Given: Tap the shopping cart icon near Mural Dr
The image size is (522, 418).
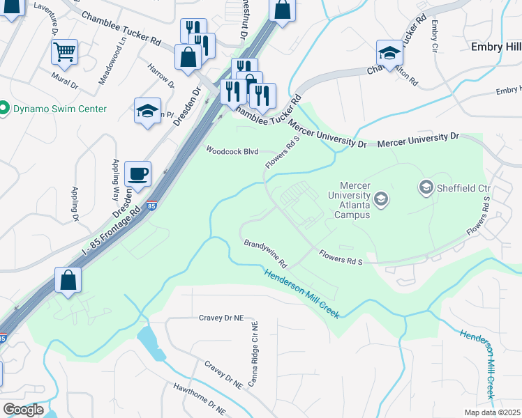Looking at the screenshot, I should [x=64, y=51].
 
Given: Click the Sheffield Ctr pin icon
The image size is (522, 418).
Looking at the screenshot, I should [x=425, y=187].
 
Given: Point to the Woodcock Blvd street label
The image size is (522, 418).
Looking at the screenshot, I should [x=232, y=150].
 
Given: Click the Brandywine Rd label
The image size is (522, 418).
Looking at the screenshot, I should [x=265, y=254].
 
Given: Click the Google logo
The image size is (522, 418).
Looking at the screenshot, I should [x=22, y=409].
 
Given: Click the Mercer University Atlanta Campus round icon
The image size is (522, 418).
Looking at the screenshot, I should [x=380, y=200].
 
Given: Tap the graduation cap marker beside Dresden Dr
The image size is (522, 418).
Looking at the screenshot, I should [x=147, y=110].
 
